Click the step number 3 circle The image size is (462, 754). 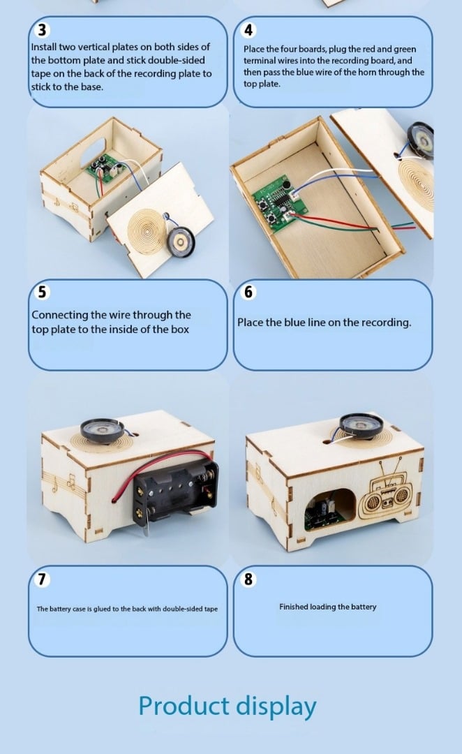(43, 30)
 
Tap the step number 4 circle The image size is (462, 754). (248, 30)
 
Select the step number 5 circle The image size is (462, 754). (43, 292)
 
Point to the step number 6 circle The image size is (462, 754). (248, 292)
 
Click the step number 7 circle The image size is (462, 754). (43, 579)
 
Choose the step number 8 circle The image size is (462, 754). (248, 579)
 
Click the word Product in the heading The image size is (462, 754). (184, 706)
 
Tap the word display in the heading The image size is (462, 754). (276, 707)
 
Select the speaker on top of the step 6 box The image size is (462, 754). (361, 426)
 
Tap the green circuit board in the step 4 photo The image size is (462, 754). (278, 202)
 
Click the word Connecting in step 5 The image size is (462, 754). (60, 316)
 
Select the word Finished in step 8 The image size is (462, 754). (293, 607)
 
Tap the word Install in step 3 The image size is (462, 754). (44, 47)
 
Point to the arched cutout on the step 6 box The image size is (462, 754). (331, 509)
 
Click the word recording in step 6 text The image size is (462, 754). (385, 323)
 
